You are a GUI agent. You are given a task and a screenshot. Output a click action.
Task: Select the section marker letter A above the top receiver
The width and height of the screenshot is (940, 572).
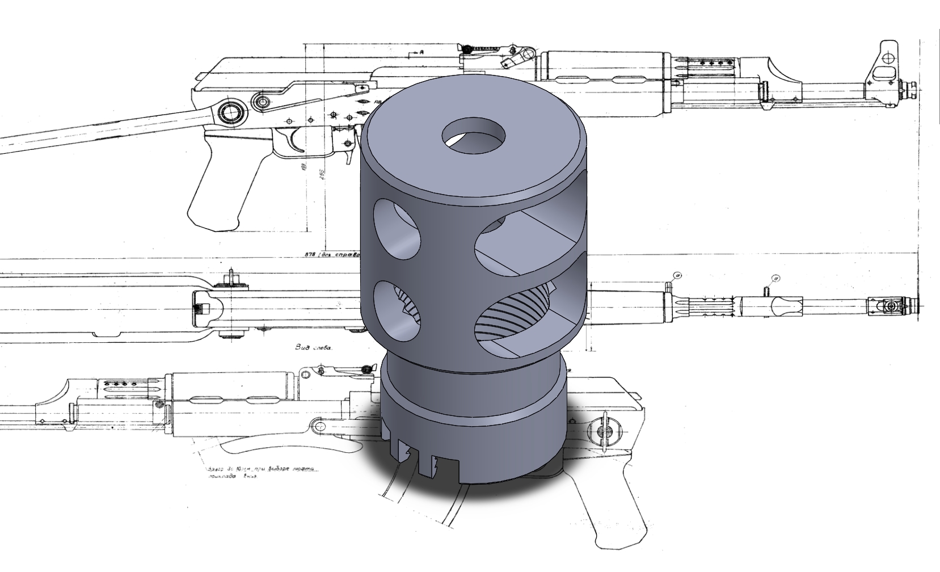click(421, 52)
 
